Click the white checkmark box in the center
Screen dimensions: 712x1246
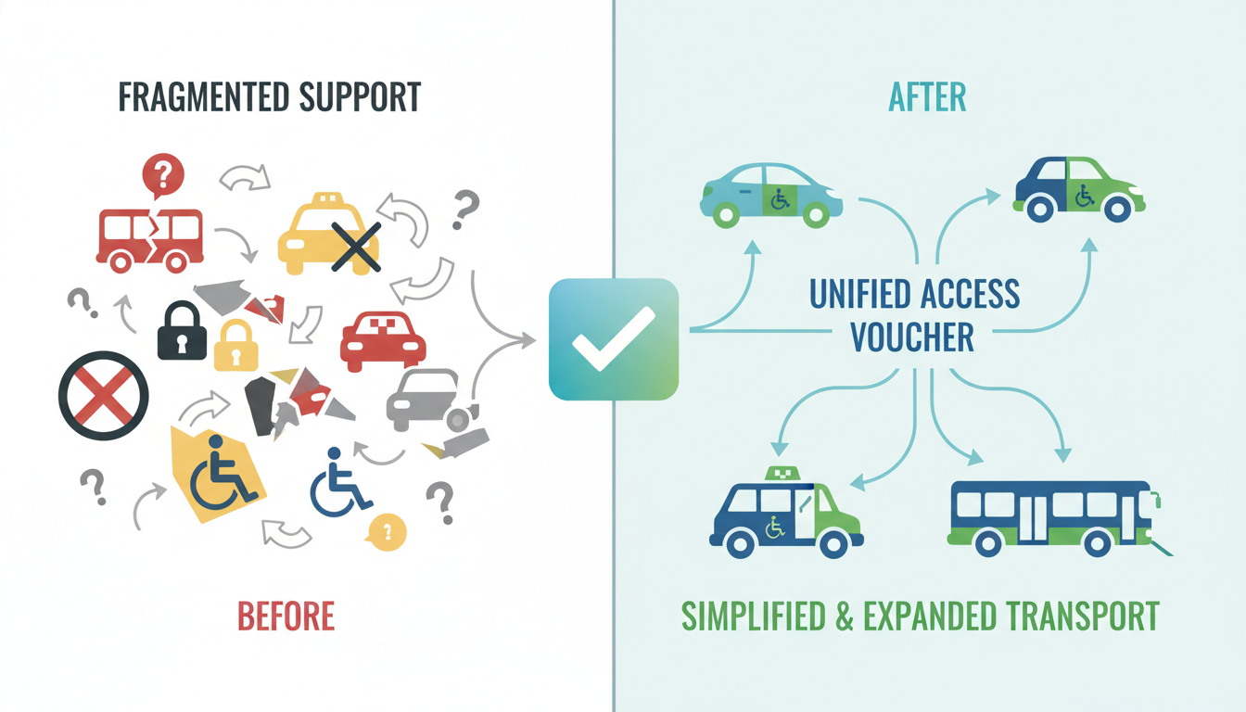614,340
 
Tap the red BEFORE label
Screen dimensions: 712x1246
286,616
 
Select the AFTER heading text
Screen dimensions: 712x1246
926,97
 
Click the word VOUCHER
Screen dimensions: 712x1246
912,337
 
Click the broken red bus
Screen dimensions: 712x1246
149,235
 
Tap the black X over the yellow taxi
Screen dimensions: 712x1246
356,247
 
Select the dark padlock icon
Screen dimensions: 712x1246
182,331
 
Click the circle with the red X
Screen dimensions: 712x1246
103,395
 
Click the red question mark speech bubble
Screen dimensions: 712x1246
162,175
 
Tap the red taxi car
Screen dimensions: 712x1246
383,340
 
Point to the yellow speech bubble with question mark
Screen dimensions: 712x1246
387,531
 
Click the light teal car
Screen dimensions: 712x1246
771,194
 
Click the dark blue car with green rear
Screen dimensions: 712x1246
1077,188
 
